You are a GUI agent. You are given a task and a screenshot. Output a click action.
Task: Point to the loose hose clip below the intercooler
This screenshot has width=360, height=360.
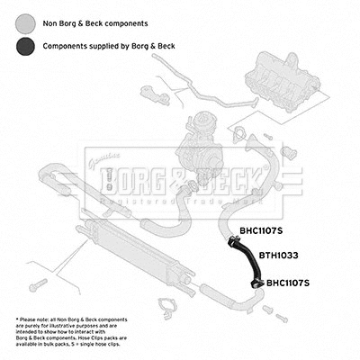click(167, 313)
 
